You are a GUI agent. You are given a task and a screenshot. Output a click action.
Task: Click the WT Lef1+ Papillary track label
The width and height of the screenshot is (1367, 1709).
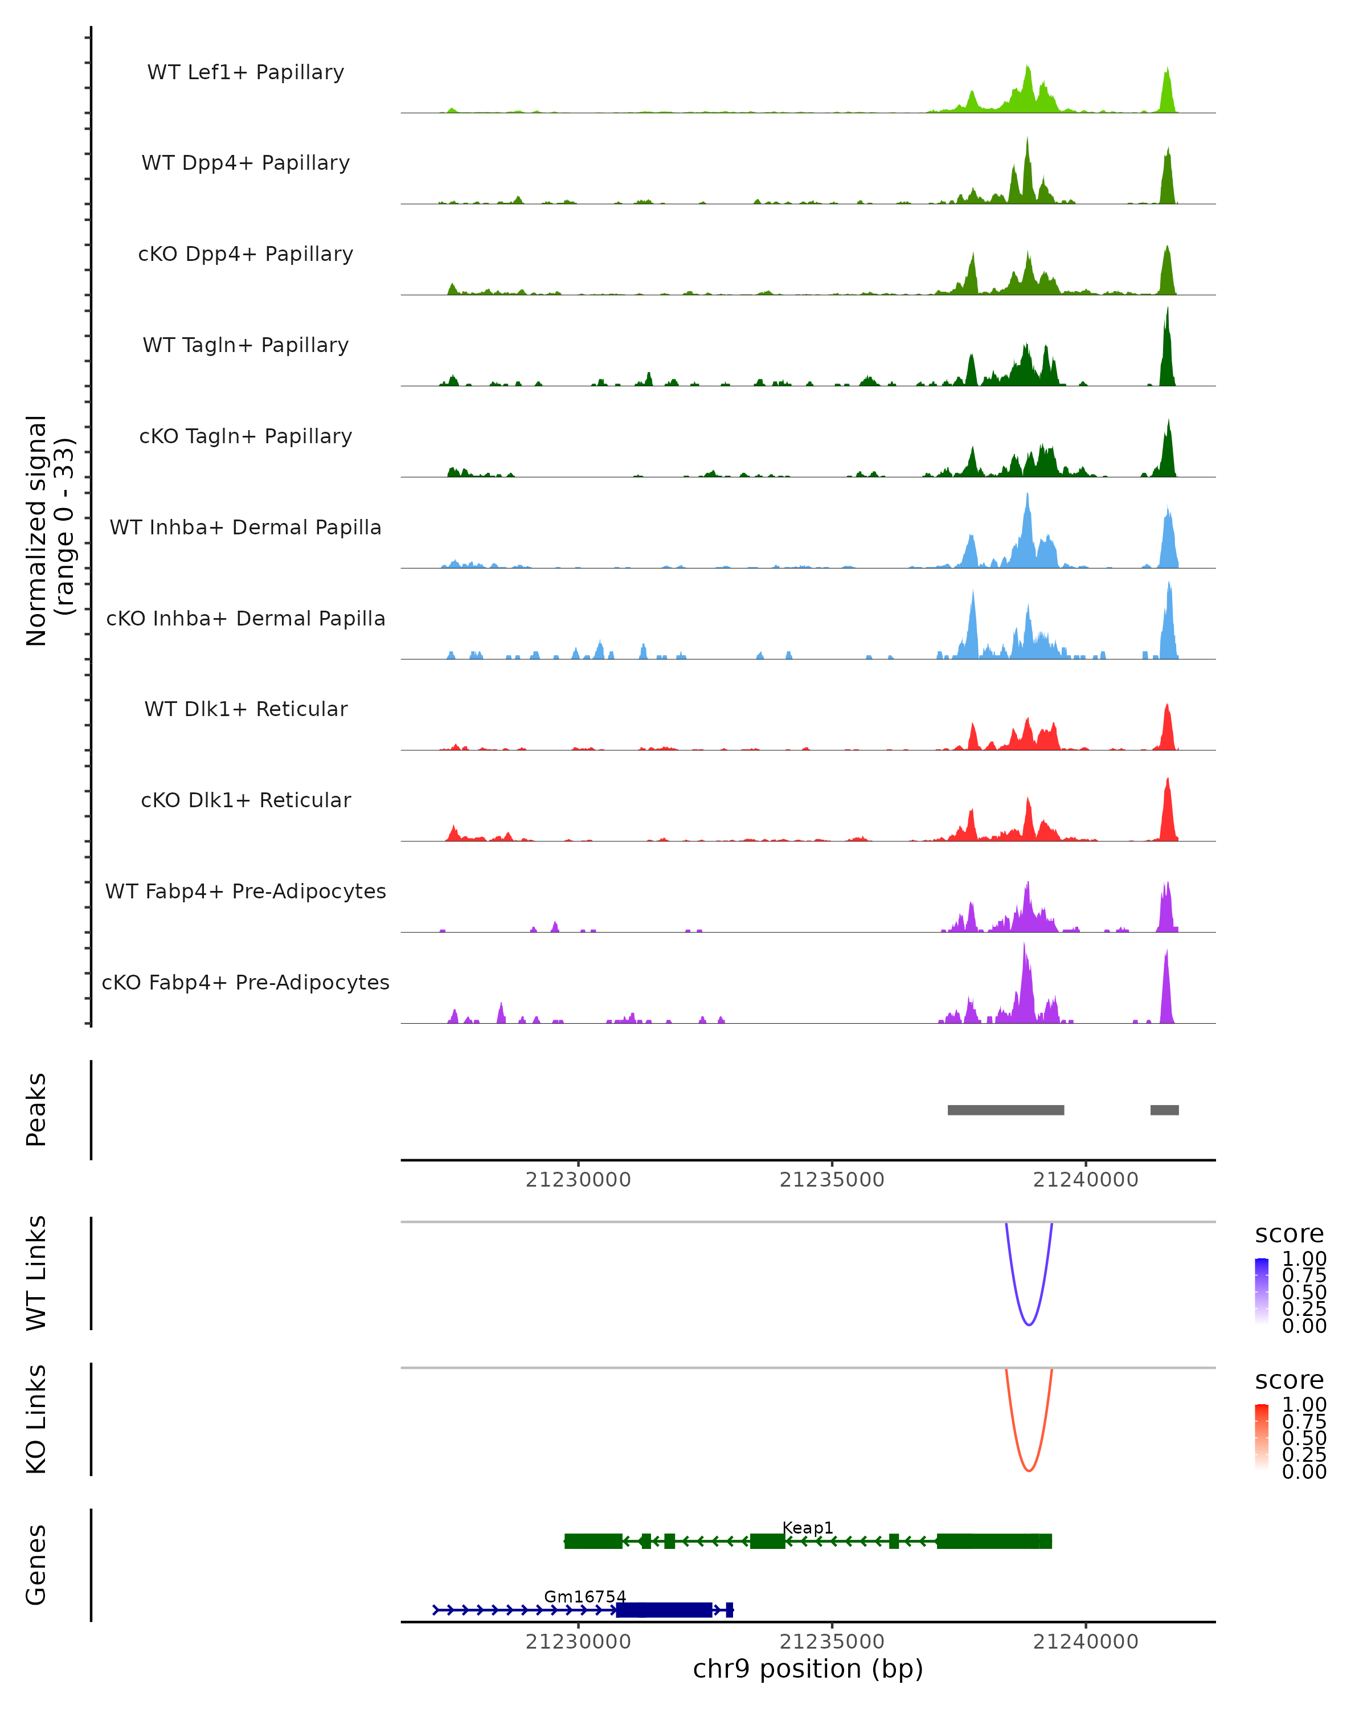(245, 72)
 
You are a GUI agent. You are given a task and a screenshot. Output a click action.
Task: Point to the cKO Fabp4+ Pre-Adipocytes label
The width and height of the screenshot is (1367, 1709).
(245, 982)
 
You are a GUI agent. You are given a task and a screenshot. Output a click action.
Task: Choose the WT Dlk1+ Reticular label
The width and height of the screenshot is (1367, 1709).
(245, 709)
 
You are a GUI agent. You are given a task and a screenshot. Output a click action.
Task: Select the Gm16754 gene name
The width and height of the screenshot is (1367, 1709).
(585, 1596)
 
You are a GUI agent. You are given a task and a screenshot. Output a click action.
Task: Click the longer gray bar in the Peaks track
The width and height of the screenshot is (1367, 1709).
(1006, 1110)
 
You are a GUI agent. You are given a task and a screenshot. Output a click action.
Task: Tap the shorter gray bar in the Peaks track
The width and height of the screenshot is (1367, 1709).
(1164, 1110)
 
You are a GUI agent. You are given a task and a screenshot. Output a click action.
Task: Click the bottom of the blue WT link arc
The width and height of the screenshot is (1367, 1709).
(1029, 1324)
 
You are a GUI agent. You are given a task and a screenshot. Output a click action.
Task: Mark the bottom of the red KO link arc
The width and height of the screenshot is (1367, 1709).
(1029, 1470)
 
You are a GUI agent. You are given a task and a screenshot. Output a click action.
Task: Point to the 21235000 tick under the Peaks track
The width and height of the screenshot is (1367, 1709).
(832, 1180)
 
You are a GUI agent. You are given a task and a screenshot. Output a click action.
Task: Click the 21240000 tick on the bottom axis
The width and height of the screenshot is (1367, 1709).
(1086, 1642)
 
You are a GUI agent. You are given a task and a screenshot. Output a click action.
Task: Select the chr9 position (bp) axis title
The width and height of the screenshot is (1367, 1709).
(808, 1669)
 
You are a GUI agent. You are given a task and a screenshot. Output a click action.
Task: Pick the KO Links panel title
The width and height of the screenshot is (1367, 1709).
(36, 1419)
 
